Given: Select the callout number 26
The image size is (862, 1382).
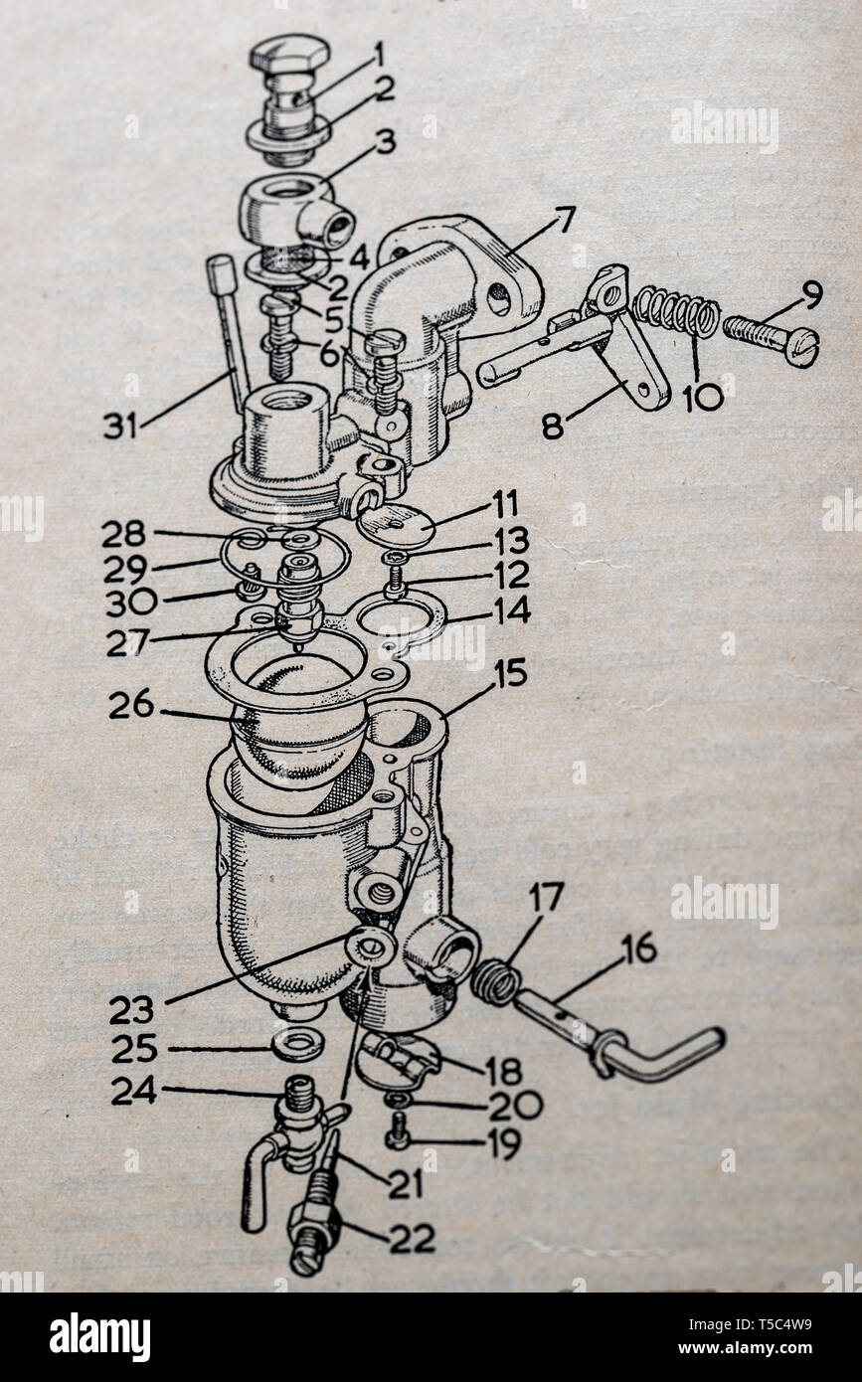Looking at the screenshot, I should [x=131, y=705].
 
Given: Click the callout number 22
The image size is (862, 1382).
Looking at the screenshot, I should [x=411, y=1239].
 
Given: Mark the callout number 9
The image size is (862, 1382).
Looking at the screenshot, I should [x=810, y=294].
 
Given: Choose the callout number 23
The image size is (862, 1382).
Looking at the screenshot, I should [x=131, y=1010].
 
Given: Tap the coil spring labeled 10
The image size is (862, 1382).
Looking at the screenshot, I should [x=676, y=313].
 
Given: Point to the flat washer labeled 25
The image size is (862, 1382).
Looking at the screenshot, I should [x=296, y=1045].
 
